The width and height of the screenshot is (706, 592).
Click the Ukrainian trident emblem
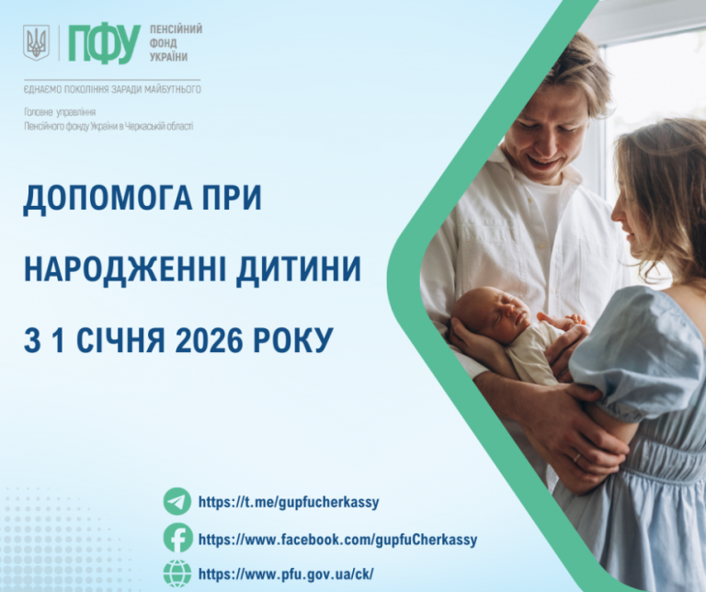[x=36, y=42]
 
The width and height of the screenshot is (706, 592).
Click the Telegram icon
[x=177, y=502]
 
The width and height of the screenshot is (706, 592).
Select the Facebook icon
[x=177, y=539]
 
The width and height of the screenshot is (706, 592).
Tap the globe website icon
[x=177, y=574]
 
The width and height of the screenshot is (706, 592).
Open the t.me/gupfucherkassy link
[x=288, y=503]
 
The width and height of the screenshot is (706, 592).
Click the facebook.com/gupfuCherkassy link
[x=337, y=540]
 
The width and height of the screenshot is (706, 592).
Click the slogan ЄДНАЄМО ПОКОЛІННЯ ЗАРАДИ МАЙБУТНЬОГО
[x=112, y=89]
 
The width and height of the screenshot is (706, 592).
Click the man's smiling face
[x=546, y=130]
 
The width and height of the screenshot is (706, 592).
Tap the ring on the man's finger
[x=577, y=457]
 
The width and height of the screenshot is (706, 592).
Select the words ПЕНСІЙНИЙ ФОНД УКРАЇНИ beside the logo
[x=176, y=43]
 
